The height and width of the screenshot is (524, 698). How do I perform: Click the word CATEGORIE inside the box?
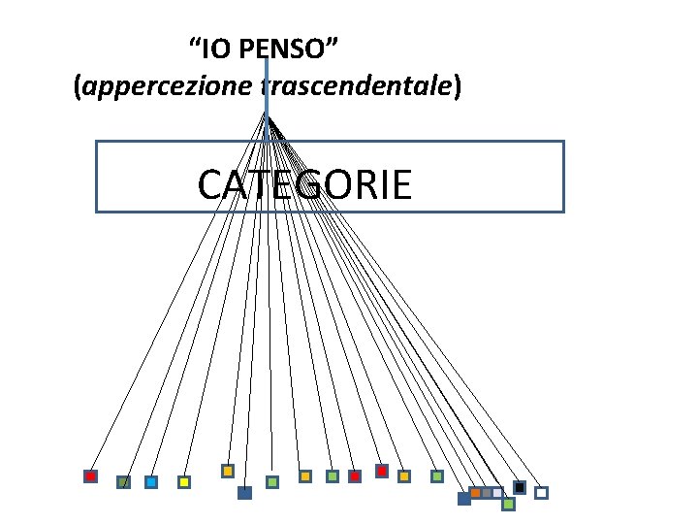point(304,184)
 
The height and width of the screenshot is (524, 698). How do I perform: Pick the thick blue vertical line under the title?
point(266,97)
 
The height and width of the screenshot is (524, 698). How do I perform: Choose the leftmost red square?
point(90,476)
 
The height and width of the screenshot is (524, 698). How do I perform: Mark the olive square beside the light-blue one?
point(123,481)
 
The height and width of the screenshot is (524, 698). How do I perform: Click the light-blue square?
point(151,481)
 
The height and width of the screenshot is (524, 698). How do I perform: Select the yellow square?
point(183,481)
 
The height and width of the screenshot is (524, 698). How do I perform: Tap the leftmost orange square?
point(228,471)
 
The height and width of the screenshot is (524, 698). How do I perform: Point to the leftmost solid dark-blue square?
point(244,493)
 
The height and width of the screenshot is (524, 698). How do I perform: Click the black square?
point(520,487)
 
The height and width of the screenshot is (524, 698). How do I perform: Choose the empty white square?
point(541,493)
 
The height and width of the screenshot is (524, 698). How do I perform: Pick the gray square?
point(487,492)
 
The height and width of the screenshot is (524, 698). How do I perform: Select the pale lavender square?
point(497,492)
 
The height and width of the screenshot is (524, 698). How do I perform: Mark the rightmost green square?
point(508,504)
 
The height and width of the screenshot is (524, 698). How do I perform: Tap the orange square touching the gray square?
point(476,492)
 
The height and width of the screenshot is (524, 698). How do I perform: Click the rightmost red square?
point(382,471)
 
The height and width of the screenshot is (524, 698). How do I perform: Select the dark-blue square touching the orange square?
point(464,499)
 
